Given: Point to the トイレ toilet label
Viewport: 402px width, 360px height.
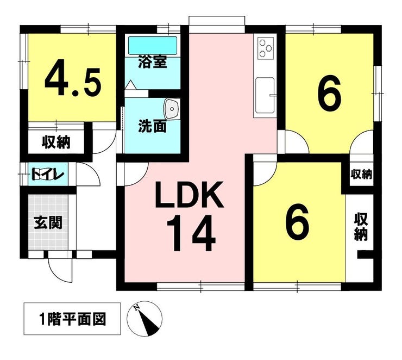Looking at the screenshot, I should point(48,175).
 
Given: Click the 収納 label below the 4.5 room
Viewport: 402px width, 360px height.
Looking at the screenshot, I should point(56,143).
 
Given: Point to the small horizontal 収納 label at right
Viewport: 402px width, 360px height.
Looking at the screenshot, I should point(361,175).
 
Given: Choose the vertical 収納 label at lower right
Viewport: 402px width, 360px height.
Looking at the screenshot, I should point(361,227).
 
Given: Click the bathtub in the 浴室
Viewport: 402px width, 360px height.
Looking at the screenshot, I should point(153,45).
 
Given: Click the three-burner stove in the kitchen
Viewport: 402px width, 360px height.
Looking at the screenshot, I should point(265,49).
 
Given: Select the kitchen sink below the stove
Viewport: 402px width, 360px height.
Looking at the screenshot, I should point(265,95).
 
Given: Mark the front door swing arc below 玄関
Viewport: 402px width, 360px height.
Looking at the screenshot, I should point(59,270).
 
